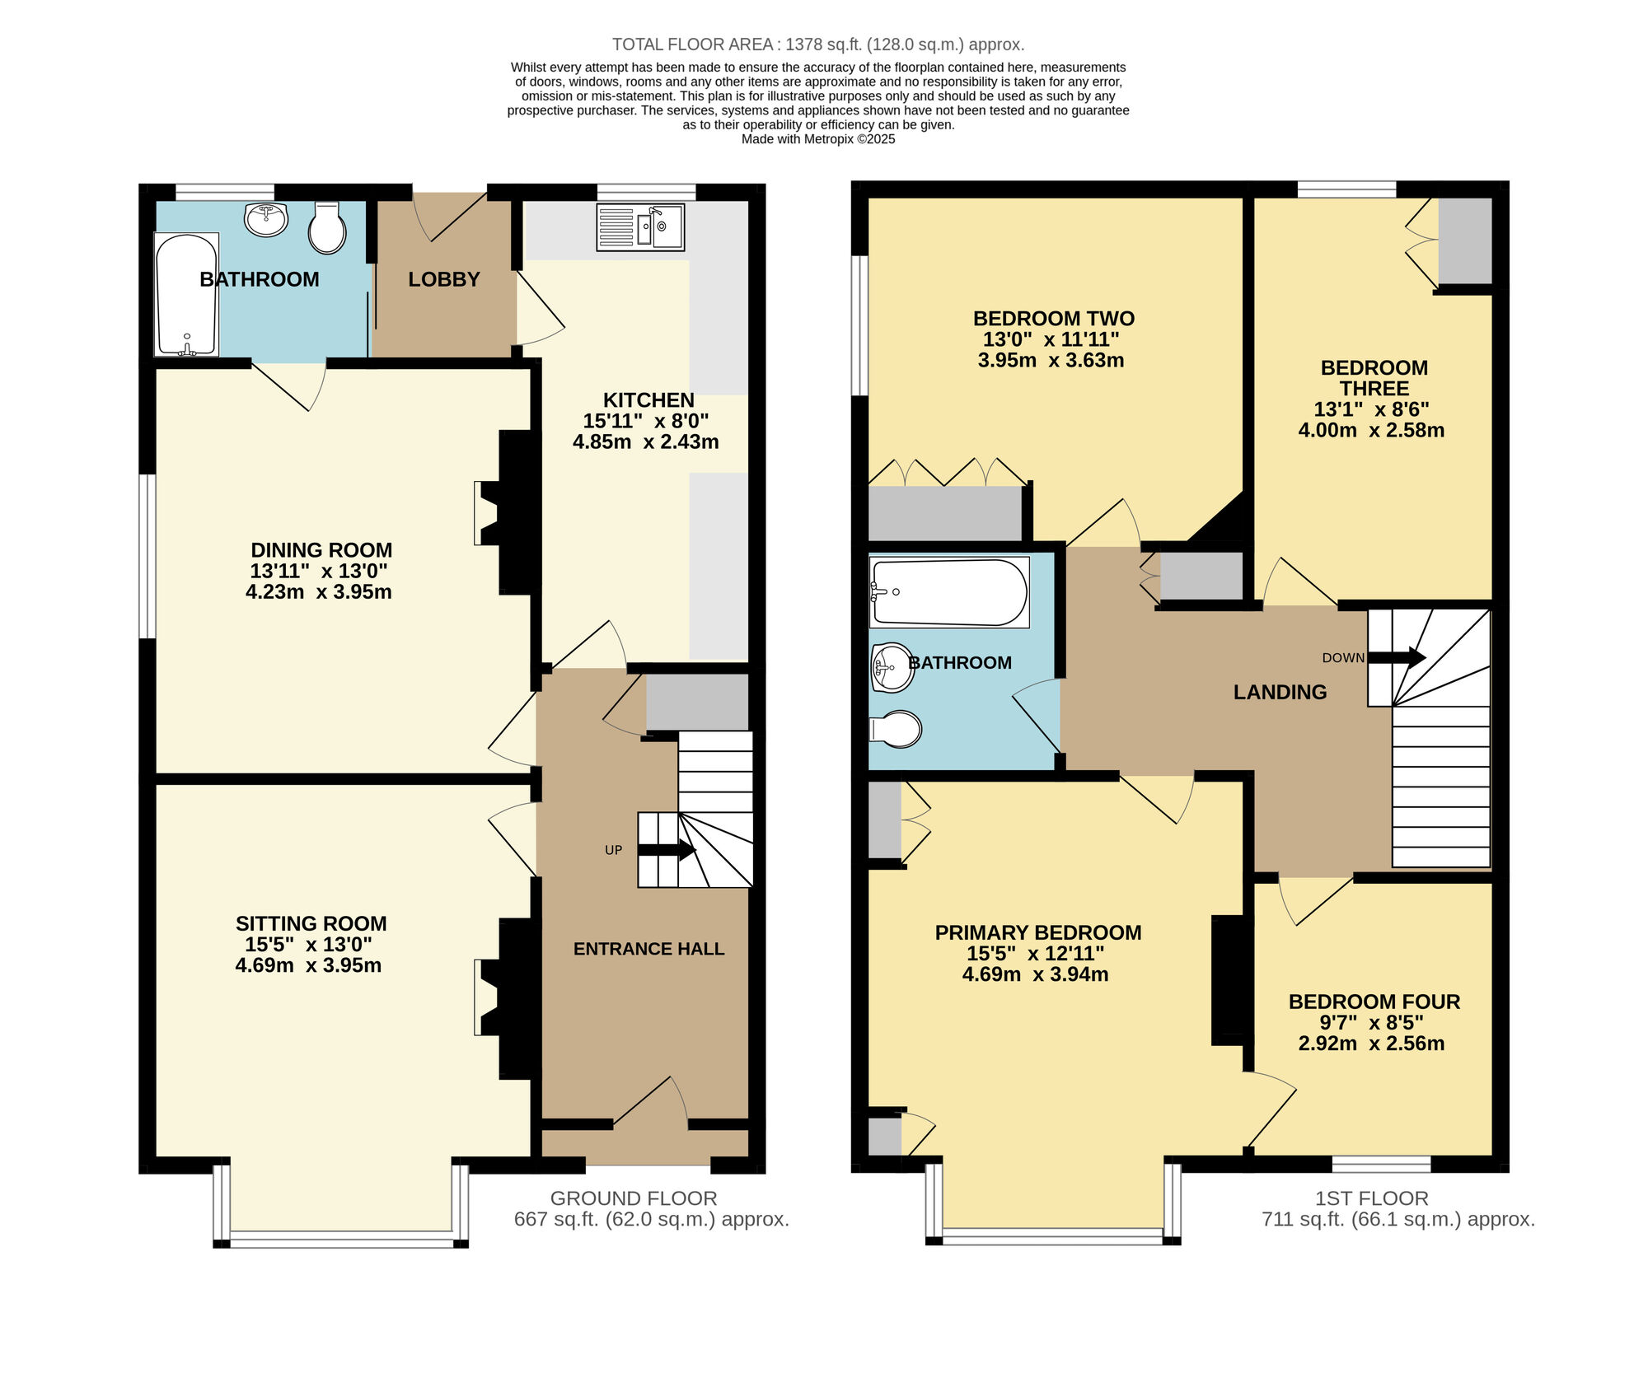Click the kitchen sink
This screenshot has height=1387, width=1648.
641,226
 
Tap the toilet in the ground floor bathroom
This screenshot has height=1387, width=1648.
327,229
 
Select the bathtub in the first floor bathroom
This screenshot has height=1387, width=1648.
949,592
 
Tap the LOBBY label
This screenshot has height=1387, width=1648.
444,279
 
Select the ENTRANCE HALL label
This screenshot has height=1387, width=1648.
648,949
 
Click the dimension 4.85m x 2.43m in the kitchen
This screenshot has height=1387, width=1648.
645,442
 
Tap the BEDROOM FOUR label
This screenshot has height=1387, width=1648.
1374,1002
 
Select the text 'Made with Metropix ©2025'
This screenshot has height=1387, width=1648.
817,139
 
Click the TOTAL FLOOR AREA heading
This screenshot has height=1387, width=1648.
817,44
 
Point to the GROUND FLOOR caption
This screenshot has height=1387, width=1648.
634,1198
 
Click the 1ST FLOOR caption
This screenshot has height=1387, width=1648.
1371,1198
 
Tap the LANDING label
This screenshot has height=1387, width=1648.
1280,692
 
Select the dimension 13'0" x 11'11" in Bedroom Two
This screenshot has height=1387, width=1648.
1051,339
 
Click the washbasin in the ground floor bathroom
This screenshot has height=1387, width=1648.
266,220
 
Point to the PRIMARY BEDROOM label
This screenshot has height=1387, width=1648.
1037,932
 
